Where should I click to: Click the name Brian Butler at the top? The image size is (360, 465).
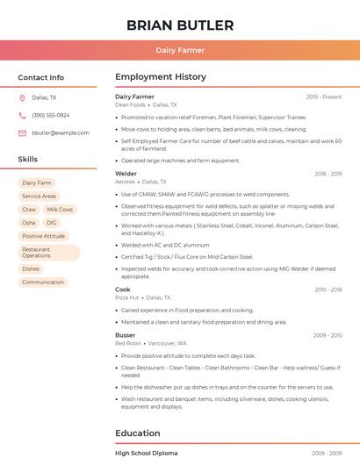(180, 25)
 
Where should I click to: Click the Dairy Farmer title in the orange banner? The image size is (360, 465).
(180, 50)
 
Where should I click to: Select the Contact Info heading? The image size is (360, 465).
(40, 77)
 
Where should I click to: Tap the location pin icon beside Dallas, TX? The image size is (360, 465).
(22, 98)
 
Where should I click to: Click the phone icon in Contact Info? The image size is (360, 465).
(22, 116)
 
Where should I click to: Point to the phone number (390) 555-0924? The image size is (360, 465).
(51, 116)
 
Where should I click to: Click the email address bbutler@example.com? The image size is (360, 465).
(61, 133)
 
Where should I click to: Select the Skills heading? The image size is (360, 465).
(27, 160)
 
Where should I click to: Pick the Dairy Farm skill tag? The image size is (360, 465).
(37, 182)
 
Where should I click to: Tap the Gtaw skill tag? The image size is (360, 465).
(29, 210)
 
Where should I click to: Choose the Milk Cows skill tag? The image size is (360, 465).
(60, 210)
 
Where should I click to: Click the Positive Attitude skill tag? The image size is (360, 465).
(43, 236)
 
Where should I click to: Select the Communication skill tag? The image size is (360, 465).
(43, 282)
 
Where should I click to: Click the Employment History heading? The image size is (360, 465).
(160, 77)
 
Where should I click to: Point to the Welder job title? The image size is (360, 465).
(126, 174)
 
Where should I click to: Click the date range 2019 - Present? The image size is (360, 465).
(324, 97)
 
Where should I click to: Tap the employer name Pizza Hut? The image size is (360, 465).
(127, 297)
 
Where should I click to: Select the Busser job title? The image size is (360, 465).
(126, 335)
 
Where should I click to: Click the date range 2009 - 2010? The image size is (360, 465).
(327, 335)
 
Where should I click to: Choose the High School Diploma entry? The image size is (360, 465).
(146, 454)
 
